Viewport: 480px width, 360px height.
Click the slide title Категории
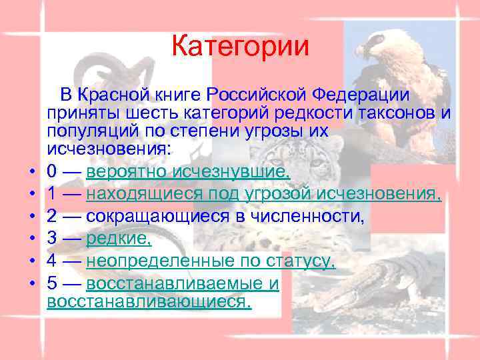[240, 47]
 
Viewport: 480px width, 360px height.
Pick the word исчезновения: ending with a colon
[109, 149]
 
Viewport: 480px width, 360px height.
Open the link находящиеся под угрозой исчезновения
[264, 195]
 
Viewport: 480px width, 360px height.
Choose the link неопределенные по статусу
[211, 260]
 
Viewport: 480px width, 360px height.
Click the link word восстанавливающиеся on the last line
[150, 302]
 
